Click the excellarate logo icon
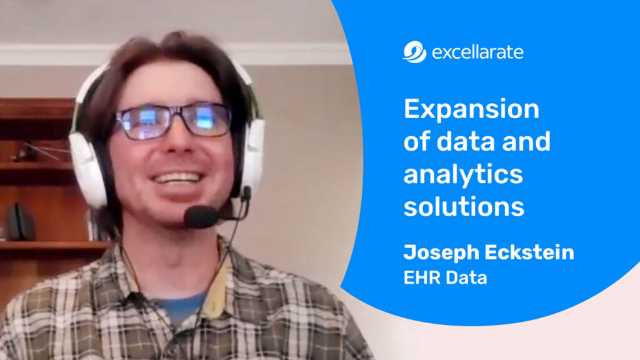414,52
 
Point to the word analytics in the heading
462,175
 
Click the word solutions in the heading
464,207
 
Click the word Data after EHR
466,277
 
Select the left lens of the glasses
144,121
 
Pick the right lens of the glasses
207,118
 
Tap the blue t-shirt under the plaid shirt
181,307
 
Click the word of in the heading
417,142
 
